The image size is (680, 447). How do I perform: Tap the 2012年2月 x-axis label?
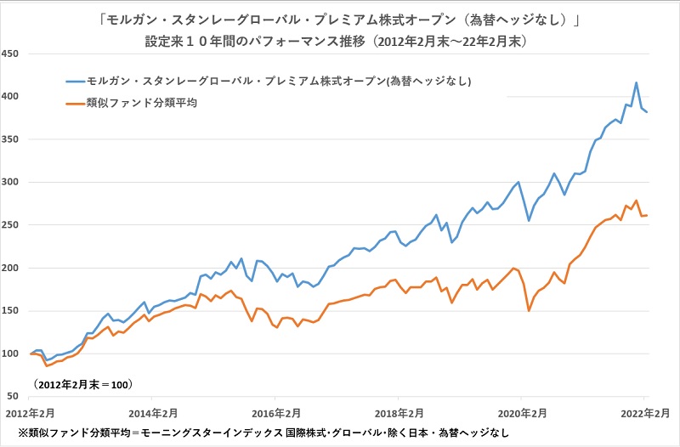tap(31, 412)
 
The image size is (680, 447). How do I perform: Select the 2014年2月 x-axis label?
tap(153, 412)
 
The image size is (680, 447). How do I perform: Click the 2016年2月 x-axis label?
tap(275, 412)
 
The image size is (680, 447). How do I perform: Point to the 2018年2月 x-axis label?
tap(399, 412)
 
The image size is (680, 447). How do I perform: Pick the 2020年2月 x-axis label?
tap(521, 412)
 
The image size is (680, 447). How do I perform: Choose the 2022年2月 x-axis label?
tap(643, 412)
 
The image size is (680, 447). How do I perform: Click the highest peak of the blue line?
tap(637, 82)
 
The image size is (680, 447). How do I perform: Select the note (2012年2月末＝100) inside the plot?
tap(82, 385)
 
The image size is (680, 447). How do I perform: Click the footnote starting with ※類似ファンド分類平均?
tap(255, 433)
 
